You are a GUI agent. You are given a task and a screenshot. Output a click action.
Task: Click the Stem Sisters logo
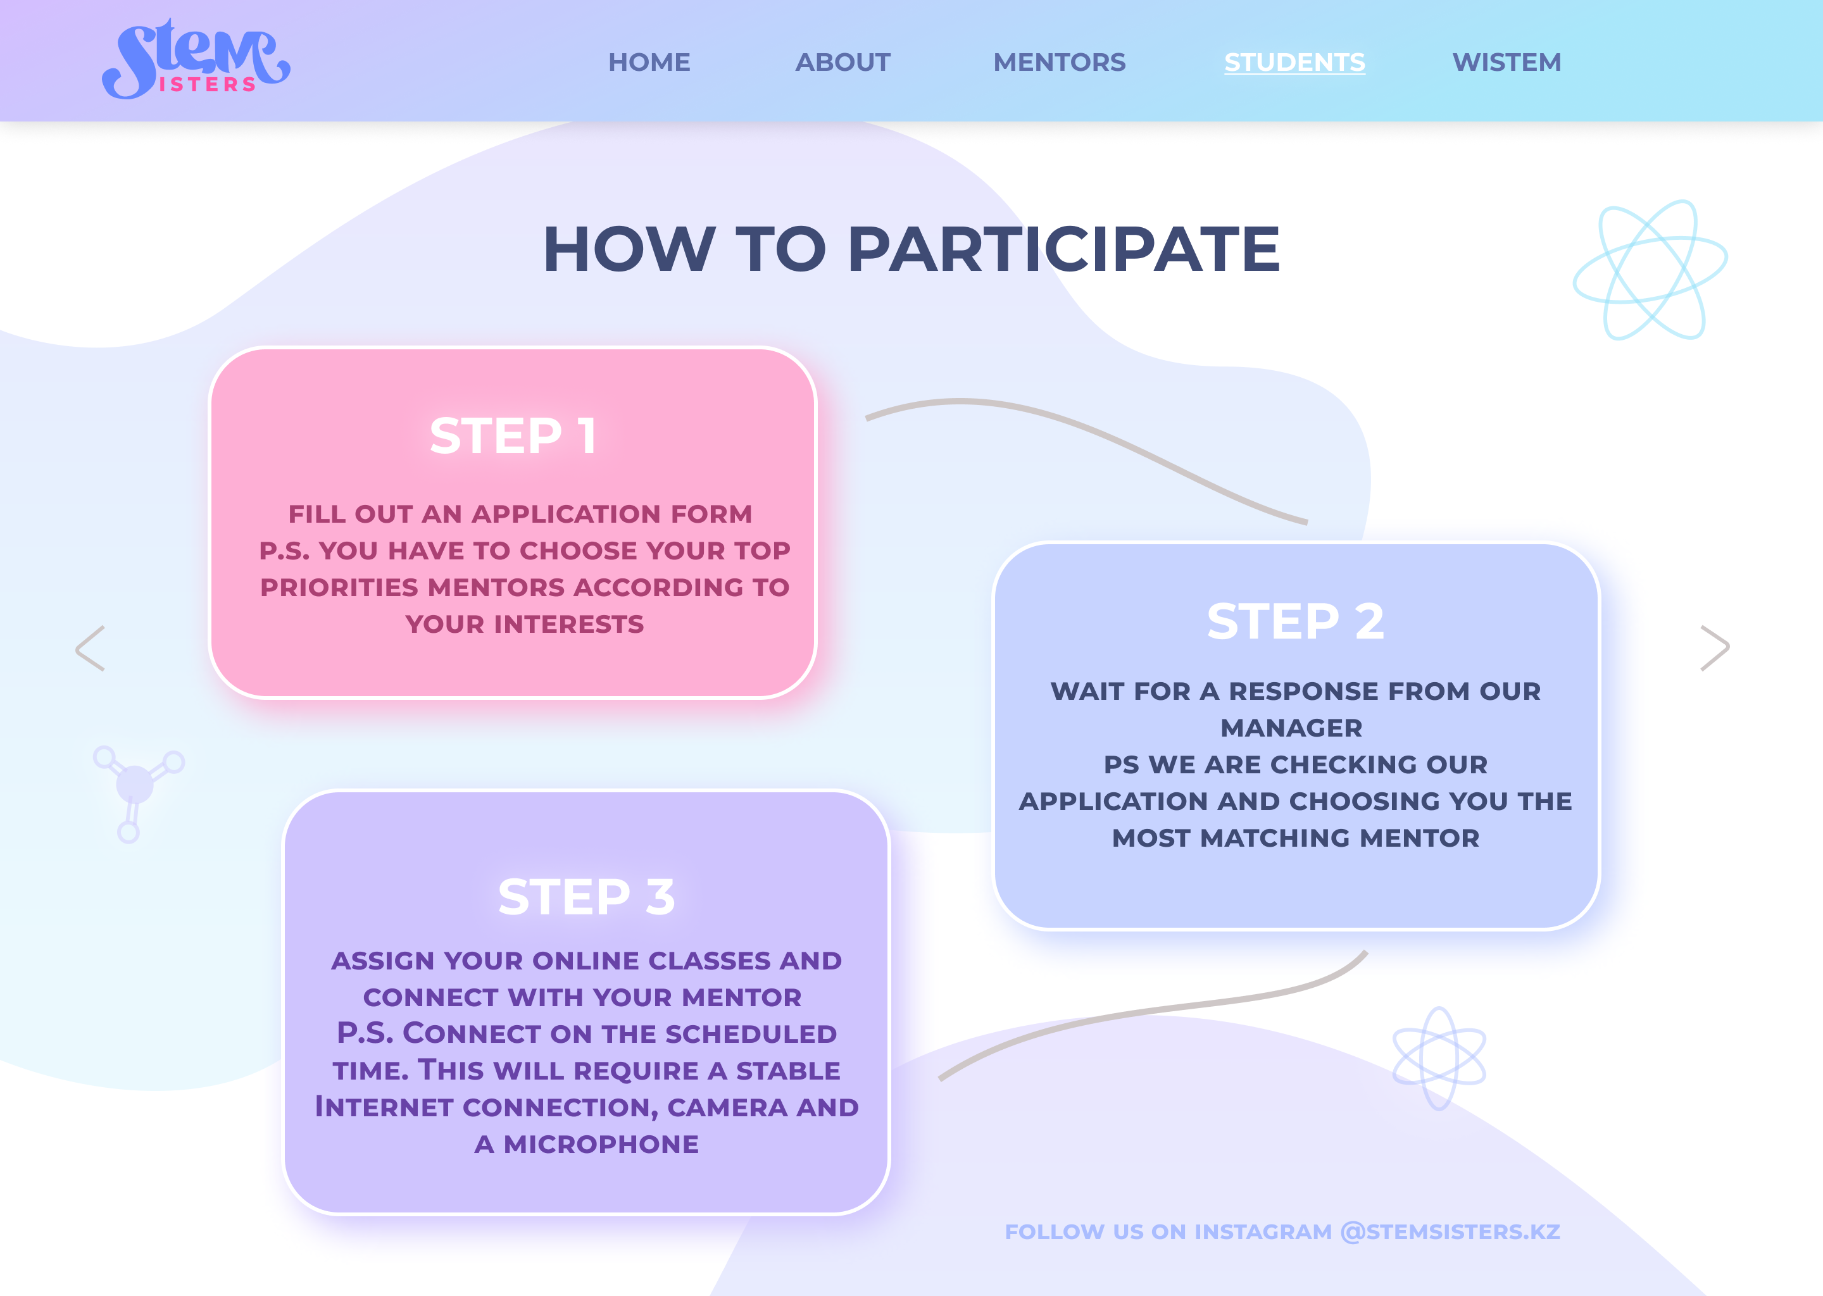196,61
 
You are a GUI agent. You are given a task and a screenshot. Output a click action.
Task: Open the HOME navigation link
649,62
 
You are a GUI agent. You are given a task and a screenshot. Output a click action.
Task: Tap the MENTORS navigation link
1059,62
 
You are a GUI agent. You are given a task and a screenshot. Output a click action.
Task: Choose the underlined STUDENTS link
1294,62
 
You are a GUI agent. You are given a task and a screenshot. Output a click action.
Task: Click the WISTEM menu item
1506,62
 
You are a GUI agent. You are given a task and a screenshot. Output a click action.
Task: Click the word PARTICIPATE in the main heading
1063,249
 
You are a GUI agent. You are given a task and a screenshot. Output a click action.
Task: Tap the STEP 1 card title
513,436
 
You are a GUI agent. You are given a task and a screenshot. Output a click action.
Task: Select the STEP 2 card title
1294,621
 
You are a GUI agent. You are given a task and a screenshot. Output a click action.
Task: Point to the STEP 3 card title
586,896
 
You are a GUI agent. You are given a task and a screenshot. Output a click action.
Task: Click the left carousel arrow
90,647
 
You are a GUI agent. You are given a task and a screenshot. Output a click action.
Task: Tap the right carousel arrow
1715,647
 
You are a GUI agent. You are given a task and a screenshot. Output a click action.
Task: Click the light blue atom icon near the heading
1650,270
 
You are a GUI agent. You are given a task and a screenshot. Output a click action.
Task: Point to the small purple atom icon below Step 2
1438,1058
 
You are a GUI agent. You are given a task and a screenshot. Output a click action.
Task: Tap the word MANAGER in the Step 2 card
1291,728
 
